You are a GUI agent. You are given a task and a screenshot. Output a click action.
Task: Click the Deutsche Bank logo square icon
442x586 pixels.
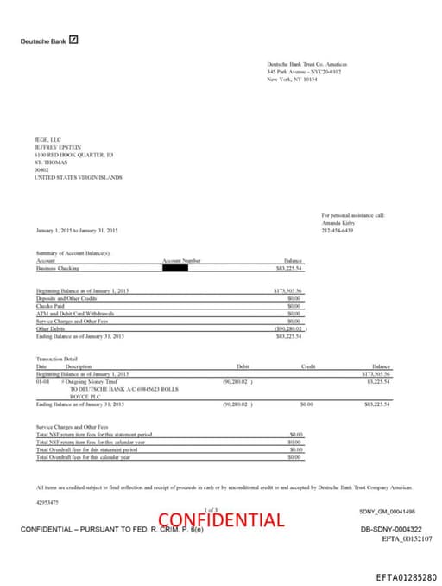click(73, 40)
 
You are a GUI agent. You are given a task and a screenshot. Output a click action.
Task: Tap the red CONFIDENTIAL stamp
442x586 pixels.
click(220, 519)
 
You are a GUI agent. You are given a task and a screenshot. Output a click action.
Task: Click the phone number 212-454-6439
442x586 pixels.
click(338, 231)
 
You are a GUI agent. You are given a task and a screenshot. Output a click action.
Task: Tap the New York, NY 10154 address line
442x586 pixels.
click(292, 79)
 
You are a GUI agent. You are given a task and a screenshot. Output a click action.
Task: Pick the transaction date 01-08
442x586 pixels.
click(42, 380)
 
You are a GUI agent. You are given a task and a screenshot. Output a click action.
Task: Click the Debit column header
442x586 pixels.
click(243, 366)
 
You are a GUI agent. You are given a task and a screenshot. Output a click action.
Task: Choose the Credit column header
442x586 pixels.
click(308, 366)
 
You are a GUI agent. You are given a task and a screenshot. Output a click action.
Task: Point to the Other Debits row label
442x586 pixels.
click(51, 328)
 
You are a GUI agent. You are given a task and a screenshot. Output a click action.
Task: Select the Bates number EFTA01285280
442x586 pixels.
click(406, 576)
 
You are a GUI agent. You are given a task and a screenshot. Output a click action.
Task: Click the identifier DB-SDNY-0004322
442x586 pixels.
click(390, 529)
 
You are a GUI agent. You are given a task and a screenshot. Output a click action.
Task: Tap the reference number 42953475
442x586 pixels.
click(47, 501)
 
